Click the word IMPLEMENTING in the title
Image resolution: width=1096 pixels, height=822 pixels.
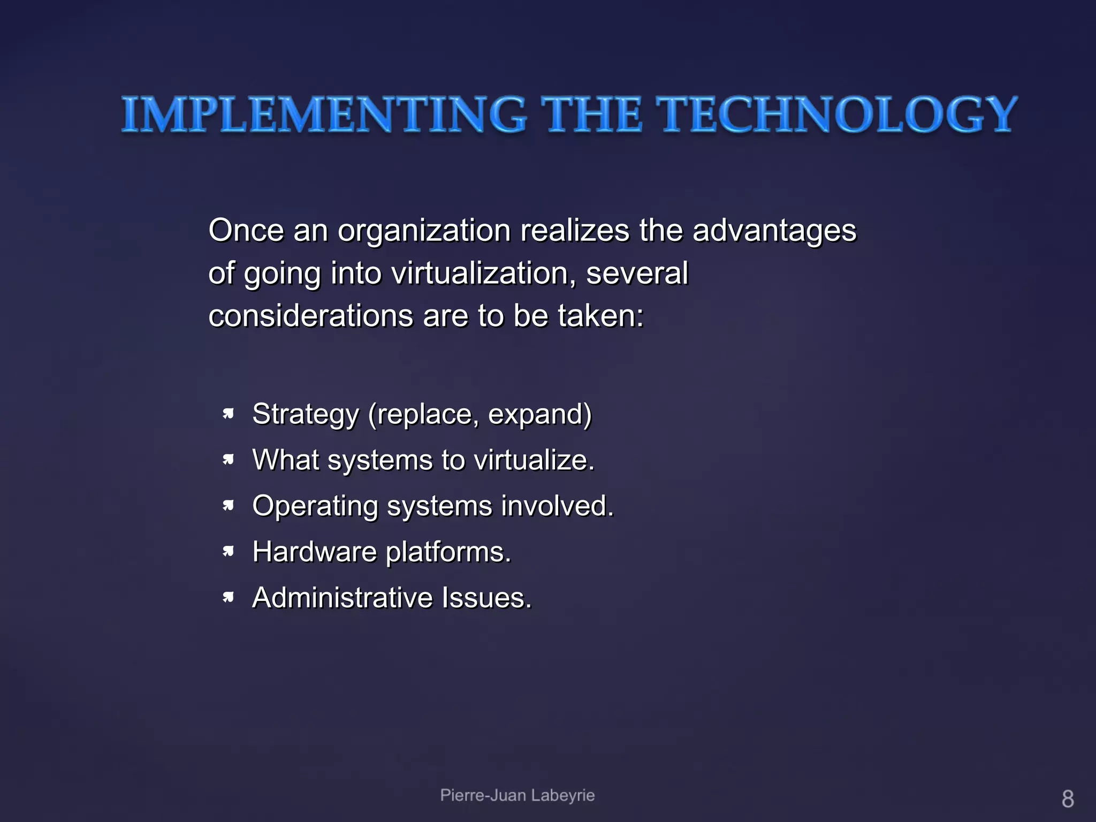click(323, 115)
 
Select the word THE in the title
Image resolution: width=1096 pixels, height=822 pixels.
click(591, 115)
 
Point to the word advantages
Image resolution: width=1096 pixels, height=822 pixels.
click(774, 232)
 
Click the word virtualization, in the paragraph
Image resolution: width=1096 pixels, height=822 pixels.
click(484, 273)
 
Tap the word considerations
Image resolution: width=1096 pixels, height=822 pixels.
click(311, 316)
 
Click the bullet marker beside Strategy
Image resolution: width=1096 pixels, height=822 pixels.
click(229, 414)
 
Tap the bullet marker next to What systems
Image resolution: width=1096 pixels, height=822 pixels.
click(229, 460)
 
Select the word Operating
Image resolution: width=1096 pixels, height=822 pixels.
click(315, 506)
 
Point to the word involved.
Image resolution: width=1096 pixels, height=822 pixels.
click(557, 506)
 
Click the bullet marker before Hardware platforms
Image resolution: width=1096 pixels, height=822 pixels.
click(229, 551)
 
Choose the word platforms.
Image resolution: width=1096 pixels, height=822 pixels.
click(448, 552)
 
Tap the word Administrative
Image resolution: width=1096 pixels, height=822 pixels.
click(342, 598)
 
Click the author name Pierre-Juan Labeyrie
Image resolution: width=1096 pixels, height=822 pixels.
click(517, 795)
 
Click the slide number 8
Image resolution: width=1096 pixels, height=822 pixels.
click(1068, 799)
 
